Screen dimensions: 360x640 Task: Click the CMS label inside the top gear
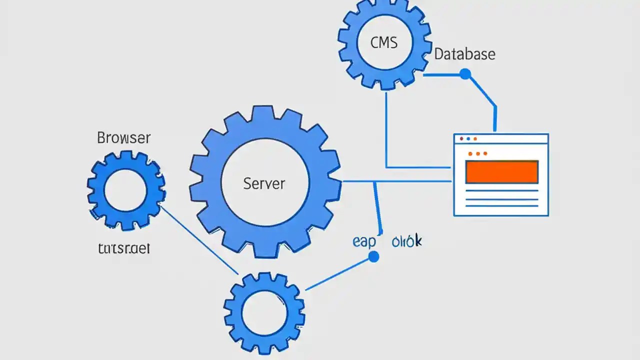pyautogui.click(x=384, y=43)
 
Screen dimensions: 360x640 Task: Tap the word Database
pyautogui.click(x=464, y=54)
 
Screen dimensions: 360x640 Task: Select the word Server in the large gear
pyautogui.click(x=264, y=183)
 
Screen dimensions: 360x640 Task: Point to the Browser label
pyautogui.click(x=123, y=138)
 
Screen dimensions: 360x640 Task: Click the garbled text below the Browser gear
pyautogui.click(x=123, y=248)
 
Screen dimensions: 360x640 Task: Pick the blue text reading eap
pyautogui.click(x=363, y=241)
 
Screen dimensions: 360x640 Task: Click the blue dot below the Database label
pyautogui.click(x=465, y=74)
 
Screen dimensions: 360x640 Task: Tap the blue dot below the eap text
pyautogui.click(x=373, y=257)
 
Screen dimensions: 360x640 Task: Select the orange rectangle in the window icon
pyautogui.click(x=501, y=172)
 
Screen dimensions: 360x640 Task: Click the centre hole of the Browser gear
pyautogui.click(x=125, y=191)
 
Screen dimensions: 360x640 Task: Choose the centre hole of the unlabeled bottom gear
pyautogui.click(x=264, y=312)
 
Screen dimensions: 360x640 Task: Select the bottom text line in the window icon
pyautogui.click(x=501, y=205)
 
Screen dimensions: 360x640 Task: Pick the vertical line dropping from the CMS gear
pyautogui.click(x=386, y=130)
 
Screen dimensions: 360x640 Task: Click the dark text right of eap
pyautogui.click(x=406, y=241)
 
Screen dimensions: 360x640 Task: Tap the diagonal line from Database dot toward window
pyautogui.click(x=482, y=92)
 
